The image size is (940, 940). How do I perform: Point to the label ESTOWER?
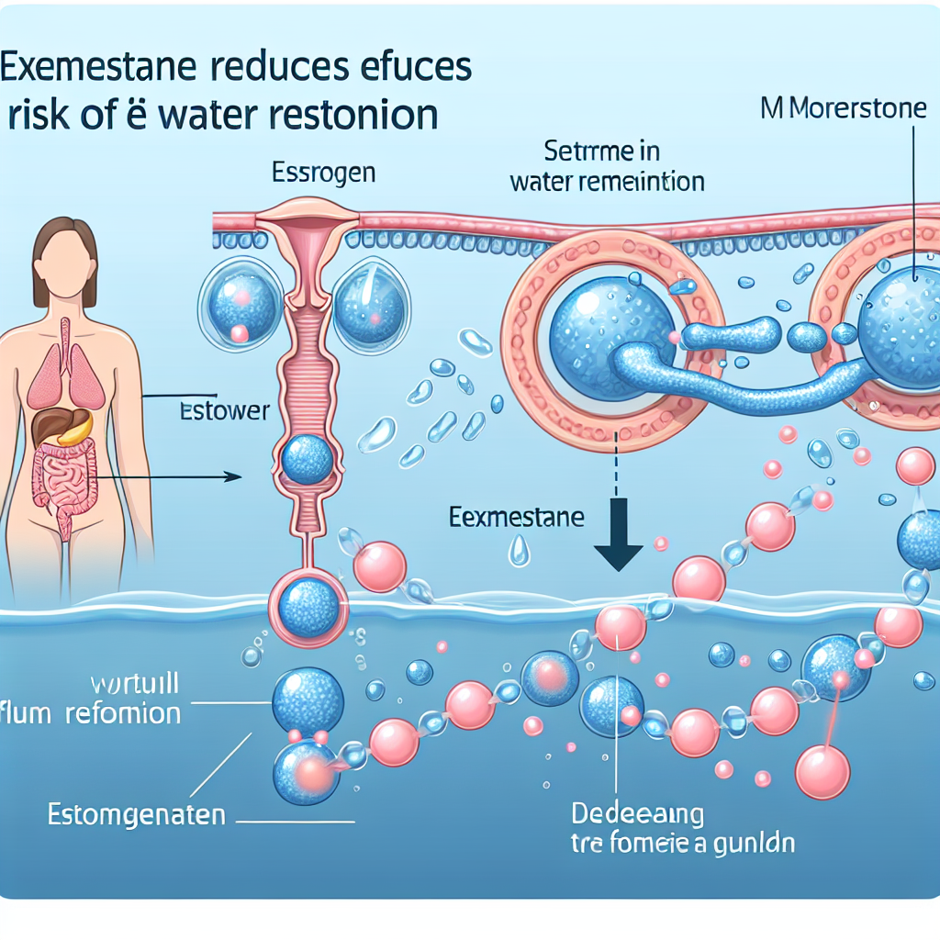[226, 410]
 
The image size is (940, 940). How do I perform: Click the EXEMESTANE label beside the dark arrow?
[517, 518]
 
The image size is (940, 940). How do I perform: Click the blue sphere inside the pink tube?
[307, 458]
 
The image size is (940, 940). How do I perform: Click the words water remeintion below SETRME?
[607, 181]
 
